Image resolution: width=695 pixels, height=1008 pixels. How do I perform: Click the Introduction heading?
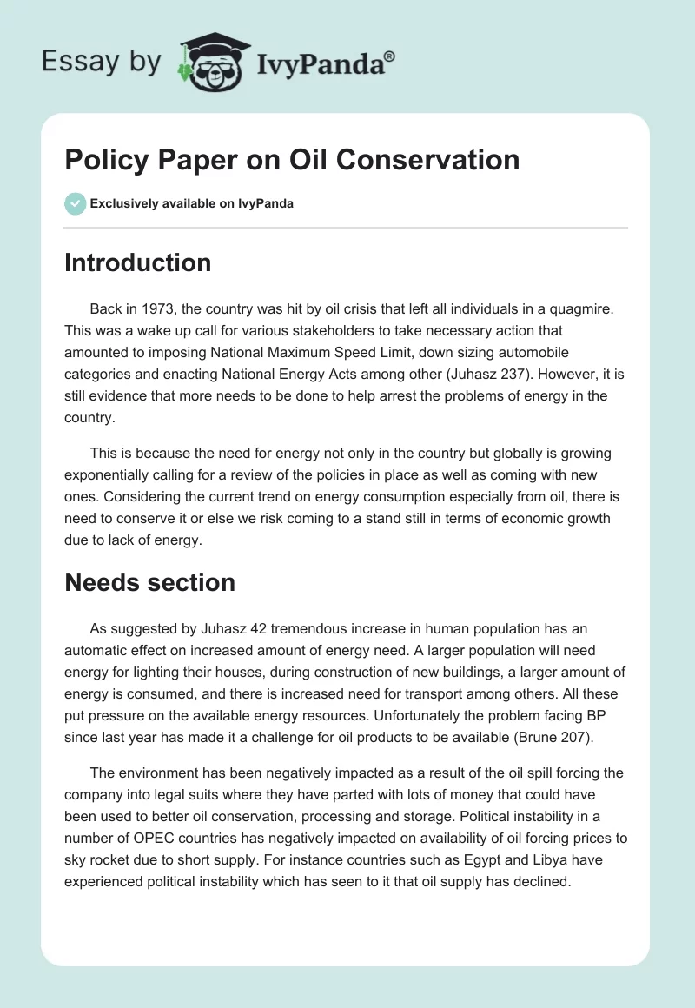click(137, 262)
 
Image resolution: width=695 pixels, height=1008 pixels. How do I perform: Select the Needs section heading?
click(149, 581)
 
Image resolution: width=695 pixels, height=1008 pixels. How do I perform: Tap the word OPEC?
click(177, 838)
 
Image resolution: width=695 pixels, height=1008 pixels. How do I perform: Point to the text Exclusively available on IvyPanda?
click(192, 203)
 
